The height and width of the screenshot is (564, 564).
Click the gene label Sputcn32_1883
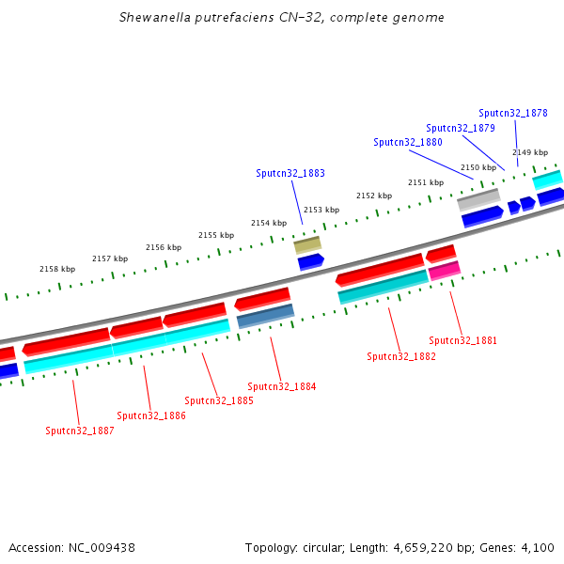(290, 173)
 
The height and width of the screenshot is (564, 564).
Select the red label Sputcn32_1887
(80, 431)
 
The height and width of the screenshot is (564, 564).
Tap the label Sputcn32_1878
(513, 113)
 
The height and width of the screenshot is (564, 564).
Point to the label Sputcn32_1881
(463, 340)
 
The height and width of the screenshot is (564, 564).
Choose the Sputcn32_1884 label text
(282, 386)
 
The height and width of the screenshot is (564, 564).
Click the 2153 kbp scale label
(321, 210)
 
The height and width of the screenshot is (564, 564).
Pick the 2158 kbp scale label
(57, 269)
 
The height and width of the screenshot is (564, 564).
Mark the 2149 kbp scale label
(530, 152)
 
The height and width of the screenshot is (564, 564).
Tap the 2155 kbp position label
(215, 235)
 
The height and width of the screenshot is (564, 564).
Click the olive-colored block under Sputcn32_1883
(307, 245)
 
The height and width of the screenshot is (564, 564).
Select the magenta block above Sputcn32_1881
(445, 271)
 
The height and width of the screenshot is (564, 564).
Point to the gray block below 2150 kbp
(478, 199)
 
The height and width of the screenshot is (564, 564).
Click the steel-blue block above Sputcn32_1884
(266, 316)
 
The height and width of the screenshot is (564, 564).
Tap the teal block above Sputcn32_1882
(383, 287)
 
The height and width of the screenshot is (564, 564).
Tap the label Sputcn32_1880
(408, 142)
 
